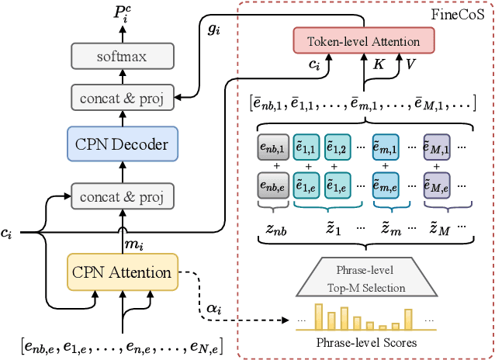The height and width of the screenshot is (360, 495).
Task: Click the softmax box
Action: click(x=121, y=57)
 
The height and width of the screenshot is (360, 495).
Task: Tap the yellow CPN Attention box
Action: click(x=122, y=272)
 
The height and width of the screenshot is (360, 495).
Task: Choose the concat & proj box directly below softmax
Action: click(x=121, y=98)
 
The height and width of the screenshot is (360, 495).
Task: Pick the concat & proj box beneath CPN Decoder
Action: click(x=121, y=195)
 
